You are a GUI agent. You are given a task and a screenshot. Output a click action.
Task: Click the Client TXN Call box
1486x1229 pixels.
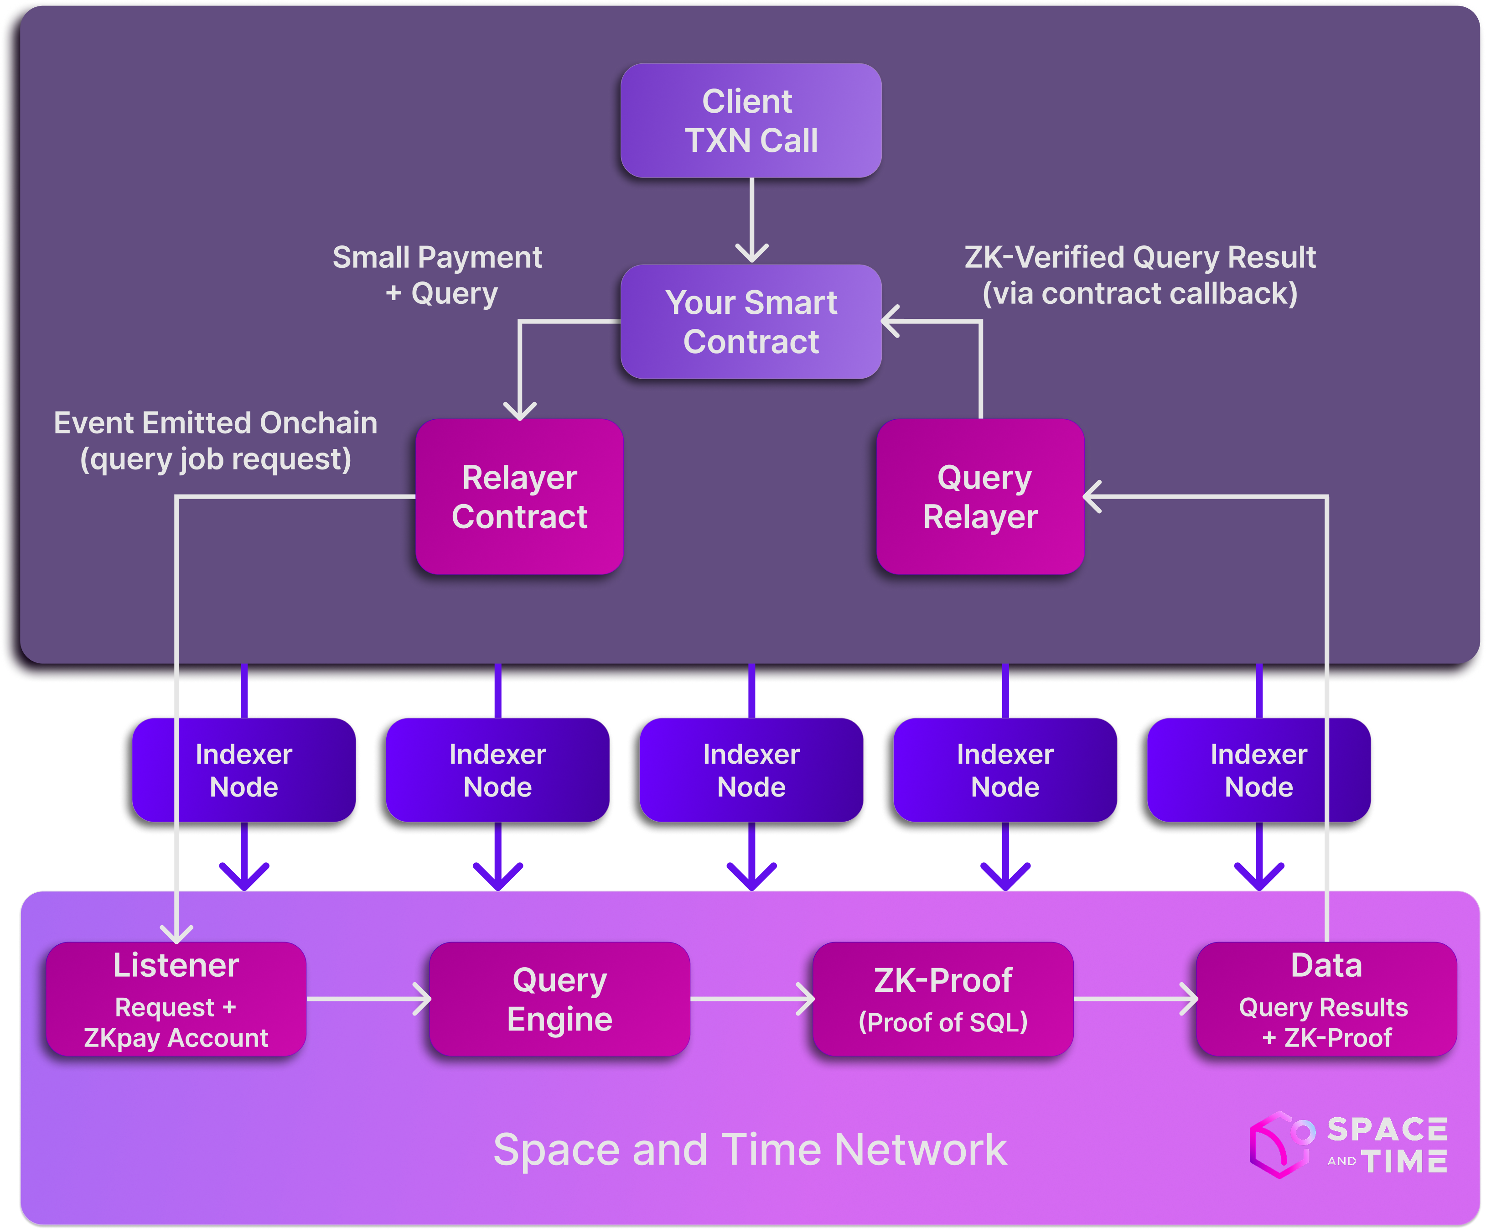751,120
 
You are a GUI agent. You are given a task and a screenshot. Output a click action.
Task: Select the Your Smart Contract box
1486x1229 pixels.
751,322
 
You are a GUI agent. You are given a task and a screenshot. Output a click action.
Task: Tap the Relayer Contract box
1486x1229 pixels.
519,496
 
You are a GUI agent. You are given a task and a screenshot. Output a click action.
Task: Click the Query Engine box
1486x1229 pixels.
559,999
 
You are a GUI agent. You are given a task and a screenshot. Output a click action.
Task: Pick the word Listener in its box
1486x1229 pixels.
176,966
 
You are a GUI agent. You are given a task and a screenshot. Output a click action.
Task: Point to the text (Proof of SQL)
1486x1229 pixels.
942,1021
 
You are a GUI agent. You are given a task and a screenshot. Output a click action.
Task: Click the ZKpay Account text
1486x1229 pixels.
176,1038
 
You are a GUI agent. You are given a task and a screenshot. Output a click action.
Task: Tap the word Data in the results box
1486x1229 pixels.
1326,966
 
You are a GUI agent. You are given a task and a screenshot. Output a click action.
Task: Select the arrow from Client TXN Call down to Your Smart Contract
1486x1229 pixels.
751,219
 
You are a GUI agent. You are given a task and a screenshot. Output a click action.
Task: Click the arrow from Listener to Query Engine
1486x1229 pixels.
368,999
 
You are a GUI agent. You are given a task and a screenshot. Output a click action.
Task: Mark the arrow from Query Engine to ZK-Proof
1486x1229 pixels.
751,999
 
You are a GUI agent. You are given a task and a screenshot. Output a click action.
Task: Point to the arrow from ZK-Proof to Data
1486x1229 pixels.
1135,999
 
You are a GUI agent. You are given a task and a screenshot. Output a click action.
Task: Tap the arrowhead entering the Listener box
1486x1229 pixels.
176,933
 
